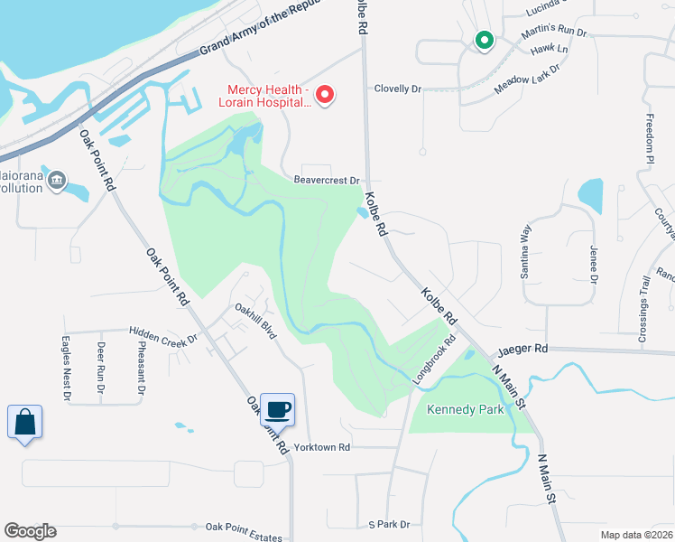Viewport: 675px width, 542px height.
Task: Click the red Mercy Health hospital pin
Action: tap(326, 93)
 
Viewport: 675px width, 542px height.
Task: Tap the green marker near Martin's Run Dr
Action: tap(485, 40)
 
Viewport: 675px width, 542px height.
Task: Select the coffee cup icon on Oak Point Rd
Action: tap(278, 410)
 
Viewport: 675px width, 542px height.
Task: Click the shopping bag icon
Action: tap(24, 422)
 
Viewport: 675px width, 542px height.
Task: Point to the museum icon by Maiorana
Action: tap(57, 181)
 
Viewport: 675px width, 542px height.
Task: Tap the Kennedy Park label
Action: tap(466, 409)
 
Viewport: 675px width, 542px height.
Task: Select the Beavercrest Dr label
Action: tap(327, 181)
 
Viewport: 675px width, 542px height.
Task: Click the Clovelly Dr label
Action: tap(398, 89)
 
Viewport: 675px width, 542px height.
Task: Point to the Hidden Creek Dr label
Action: tap(162, 335)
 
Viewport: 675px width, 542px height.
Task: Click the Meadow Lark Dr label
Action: tap(528, 79)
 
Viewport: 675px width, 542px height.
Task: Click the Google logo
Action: tap(31, 531)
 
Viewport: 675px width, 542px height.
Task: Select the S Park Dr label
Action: tap(389, 525)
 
